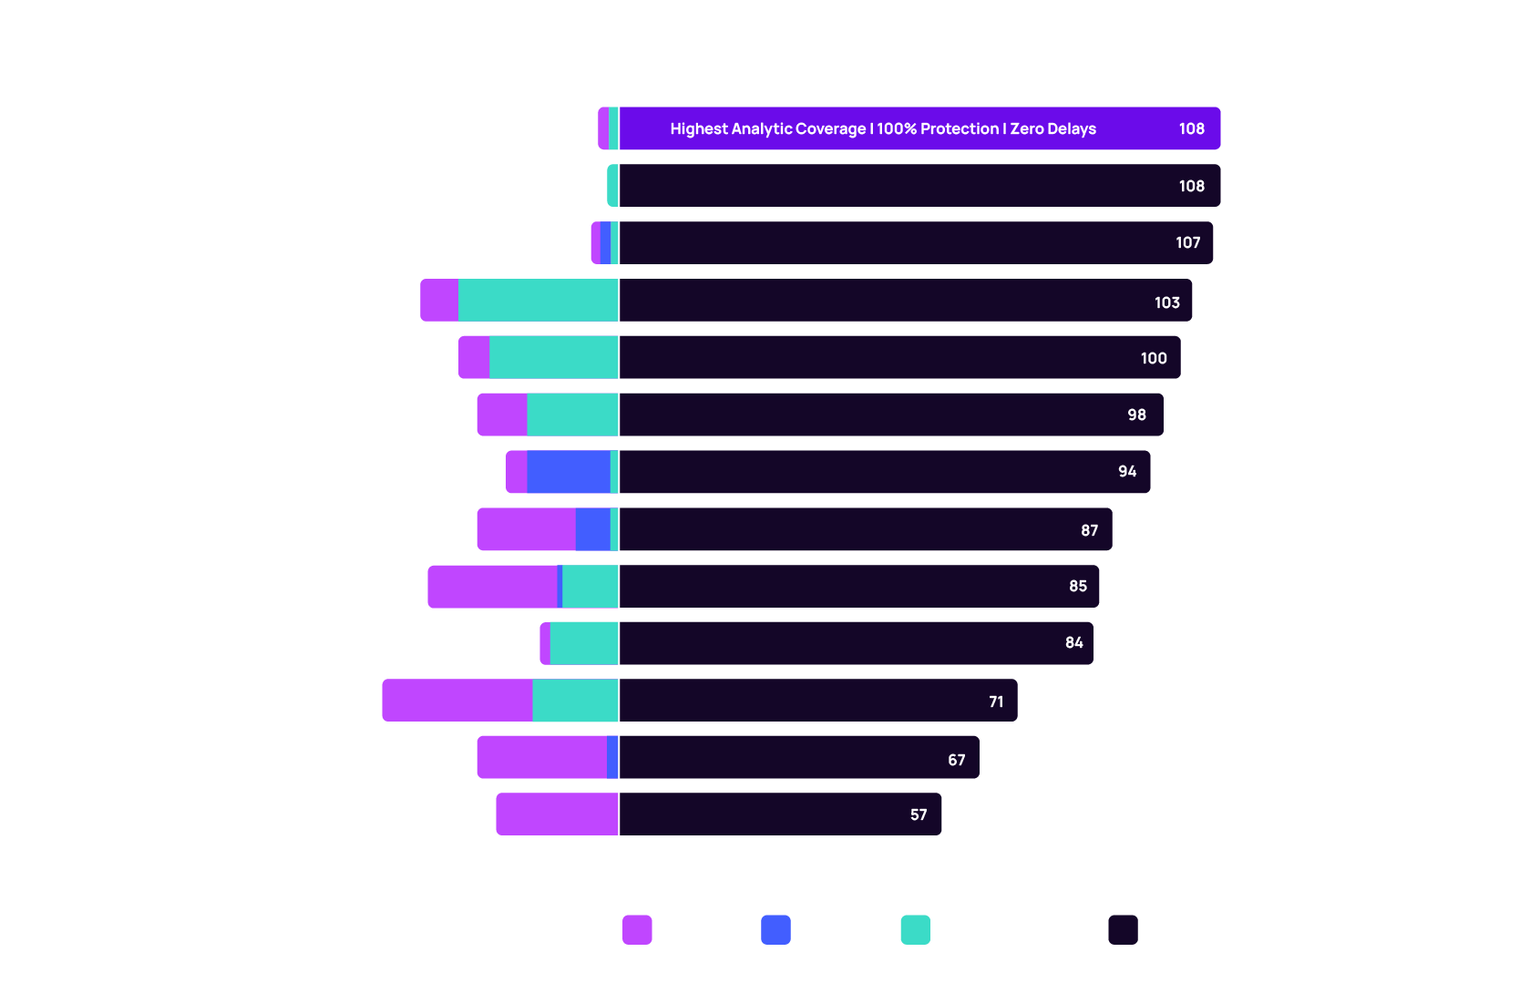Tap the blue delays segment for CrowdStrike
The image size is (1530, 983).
[x=568, y=472]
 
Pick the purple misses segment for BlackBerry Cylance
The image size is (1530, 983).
[x=457, y=700]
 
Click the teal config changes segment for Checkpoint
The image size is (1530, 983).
[x=538, y=300]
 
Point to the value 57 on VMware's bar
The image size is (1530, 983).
[x=919, y=814]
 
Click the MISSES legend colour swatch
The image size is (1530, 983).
[x=637, y=929]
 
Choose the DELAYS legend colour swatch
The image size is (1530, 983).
[x=775, y=929]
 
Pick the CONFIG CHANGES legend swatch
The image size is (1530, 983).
[x=915, y=929]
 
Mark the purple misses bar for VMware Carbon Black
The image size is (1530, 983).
[x=557, y=814]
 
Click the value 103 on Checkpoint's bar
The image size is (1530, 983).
[x=1166, y=302]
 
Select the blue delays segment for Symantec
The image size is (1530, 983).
[x=592, y=529]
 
